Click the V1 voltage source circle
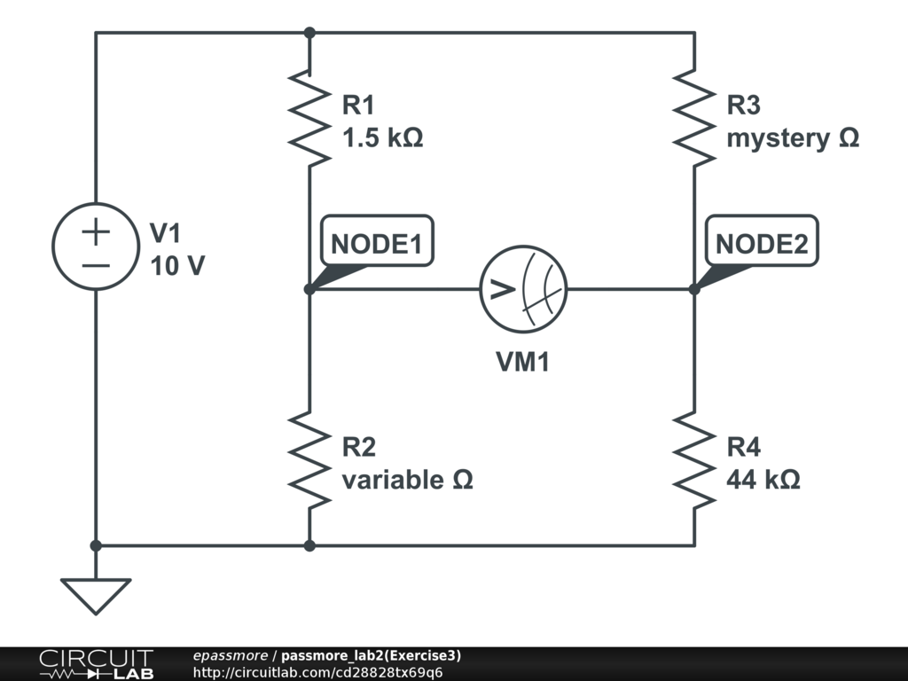(x=96, y=248)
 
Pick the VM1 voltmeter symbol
(x=523, y=289)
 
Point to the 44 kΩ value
(x=763, y=480)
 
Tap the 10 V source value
(x=177, y=265)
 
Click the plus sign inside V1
(x=96, y=233)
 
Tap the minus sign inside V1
(x=96, y=265)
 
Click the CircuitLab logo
(x=95, y=663)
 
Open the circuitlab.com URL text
(x=317, y=672)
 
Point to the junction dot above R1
(x=309, y=33)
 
